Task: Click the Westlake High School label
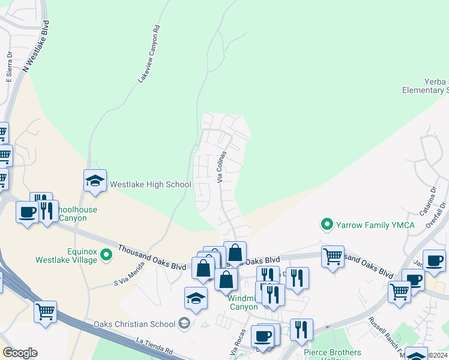click(150, 185)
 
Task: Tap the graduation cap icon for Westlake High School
click(95, 181)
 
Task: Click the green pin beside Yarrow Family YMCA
click(327, 225)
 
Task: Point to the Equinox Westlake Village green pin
click(107, 256)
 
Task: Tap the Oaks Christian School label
click(135, 325)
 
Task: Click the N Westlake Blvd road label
click(37, 47)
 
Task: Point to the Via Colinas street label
click(221, 166)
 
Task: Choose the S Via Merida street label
click(130, 276)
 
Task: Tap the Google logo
click(20, 353)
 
